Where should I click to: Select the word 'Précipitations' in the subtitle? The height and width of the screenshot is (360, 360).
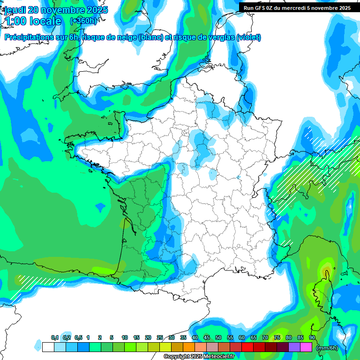click(28, 37)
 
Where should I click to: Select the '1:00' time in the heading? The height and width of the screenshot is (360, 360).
click(15, 21)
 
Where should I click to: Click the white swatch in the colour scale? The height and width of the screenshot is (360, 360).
click(48, 347)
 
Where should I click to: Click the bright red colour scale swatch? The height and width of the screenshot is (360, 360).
click(247, 347)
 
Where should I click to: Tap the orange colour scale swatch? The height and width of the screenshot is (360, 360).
click(189, 347)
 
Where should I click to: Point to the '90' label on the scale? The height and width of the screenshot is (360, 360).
click(312, 338)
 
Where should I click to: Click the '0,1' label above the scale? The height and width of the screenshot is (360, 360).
click(54, 338)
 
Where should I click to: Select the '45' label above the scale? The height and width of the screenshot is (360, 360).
click(207, 338)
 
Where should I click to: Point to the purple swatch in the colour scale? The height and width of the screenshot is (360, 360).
click(294, 347)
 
